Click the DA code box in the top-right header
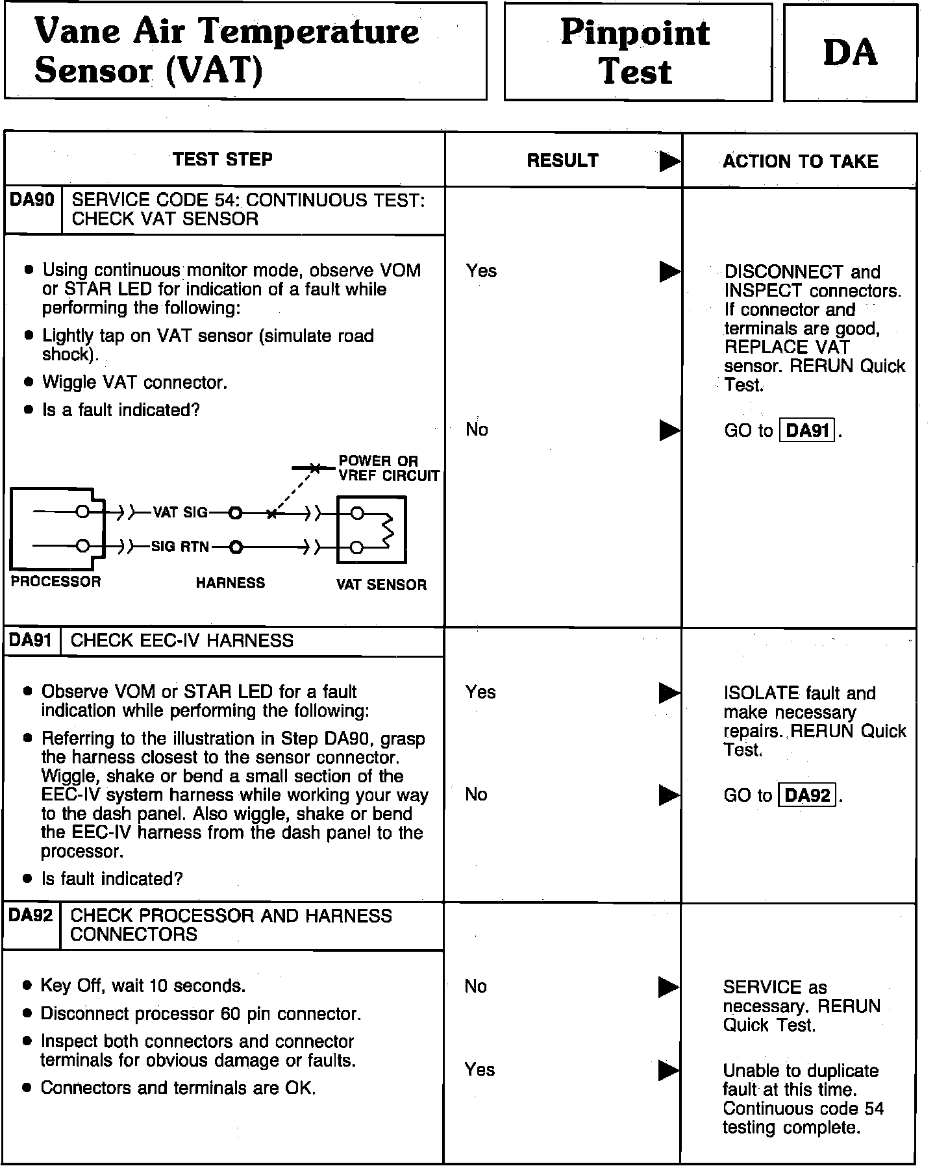(x=850, y=53)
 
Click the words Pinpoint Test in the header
(x=636, y=52)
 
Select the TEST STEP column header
(x=223, y=160)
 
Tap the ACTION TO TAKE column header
(x=800, y=162)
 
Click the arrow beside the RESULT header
(x=669, y=162)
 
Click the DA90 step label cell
(x=32, y=200)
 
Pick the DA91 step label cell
(x=31, y=641)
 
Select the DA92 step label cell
(x=31, y=915)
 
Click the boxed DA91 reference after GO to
(x=807, y=430)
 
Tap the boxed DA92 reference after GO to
(x=807, y=795)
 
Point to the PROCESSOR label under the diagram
(x=56, y=582)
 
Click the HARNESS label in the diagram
(x=231, y=583)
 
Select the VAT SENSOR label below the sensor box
(x=381, y=585)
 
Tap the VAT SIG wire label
(x=180, y=513)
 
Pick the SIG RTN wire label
(x=180, y=547)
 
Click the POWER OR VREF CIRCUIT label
(x=388, y=469)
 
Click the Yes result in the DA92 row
(x=480, y=1069)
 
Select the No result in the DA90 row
(x=477, y=429)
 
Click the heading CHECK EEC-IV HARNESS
(x=182, y=641)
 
